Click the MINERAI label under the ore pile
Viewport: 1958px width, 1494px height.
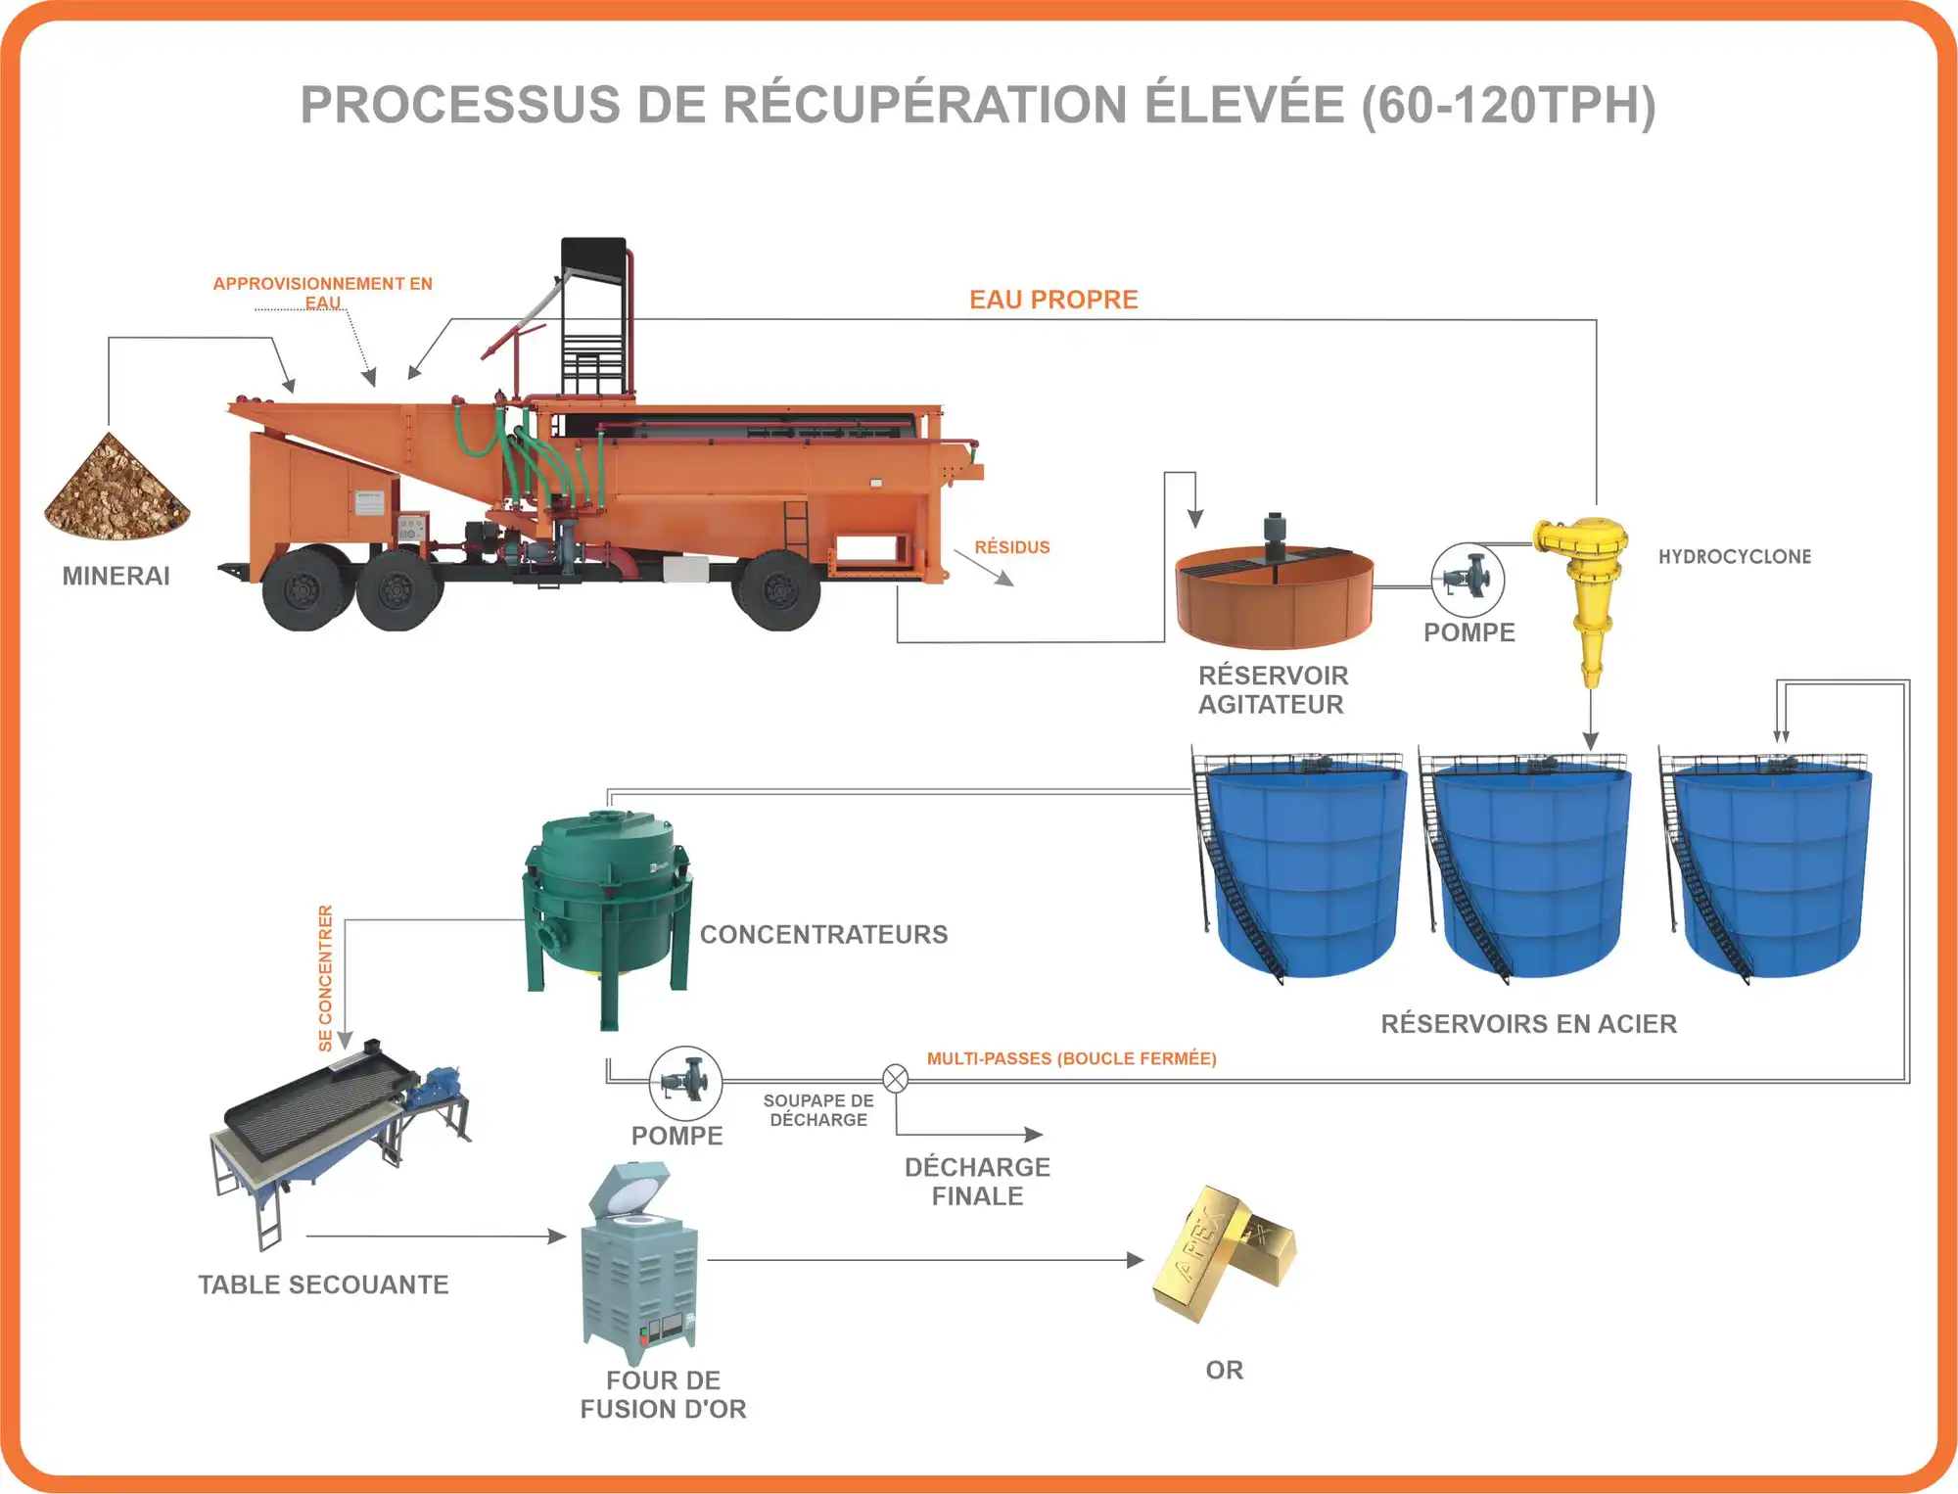116,576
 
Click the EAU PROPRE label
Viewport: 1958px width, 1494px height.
1053,300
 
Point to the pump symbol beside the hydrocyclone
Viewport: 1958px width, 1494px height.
1468,580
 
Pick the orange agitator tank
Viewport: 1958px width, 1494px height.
1274,595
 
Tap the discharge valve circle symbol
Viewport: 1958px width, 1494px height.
895,1079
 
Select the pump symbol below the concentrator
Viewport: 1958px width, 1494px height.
685,1083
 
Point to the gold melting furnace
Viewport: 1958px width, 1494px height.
640,1263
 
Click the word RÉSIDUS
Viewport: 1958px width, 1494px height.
1011,547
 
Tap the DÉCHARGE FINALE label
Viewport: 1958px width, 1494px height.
977,1182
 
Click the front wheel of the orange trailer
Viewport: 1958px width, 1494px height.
780,590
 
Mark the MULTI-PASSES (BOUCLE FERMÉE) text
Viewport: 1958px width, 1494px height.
1071,1058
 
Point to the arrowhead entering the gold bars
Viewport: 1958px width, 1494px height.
1136,1260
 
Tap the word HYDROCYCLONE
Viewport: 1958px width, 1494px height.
1734,556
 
